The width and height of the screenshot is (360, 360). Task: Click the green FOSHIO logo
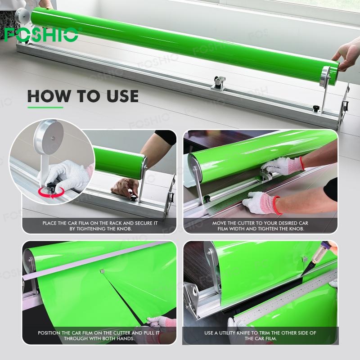click(x=41, y=35)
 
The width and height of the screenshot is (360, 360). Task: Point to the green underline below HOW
click(x=45, y=107)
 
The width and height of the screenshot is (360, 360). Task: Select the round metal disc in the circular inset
click(x=49, y=137)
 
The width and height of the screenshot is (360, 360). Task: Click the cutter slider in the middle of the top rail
click(x=219, y=83)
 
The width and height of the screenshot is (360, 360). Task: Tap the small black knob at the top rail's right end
click(x=316, y=108)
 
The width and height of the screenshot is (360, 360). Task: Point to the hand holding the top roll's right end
click(x=346, y=55)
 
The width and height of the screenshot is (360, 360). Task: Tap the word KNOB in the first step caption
click(x=124, y=229)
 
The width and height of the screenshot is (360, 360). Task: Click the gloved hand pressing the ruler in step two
click(x=262, y=203)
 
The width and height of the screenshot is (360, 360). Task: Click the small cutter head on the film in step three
click(x=102, y=271)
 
